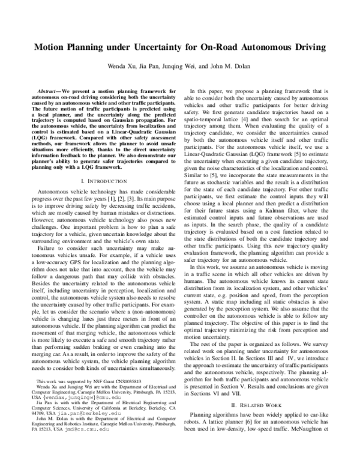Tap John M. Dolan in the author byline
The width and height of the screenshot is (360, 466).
tap(236, 66)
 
